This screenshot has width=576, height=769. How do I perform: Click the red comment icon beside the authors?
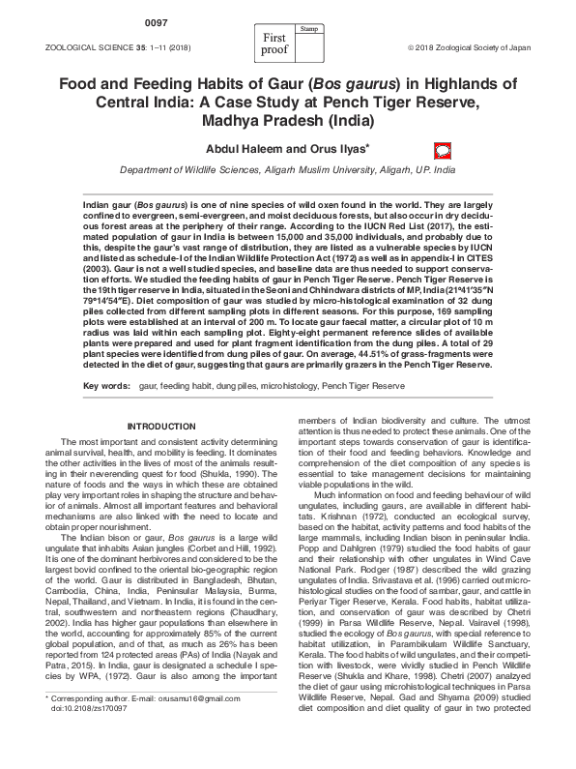[443, 150]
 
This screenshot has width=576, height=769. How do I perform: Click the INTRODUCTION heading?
[161, 427]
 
